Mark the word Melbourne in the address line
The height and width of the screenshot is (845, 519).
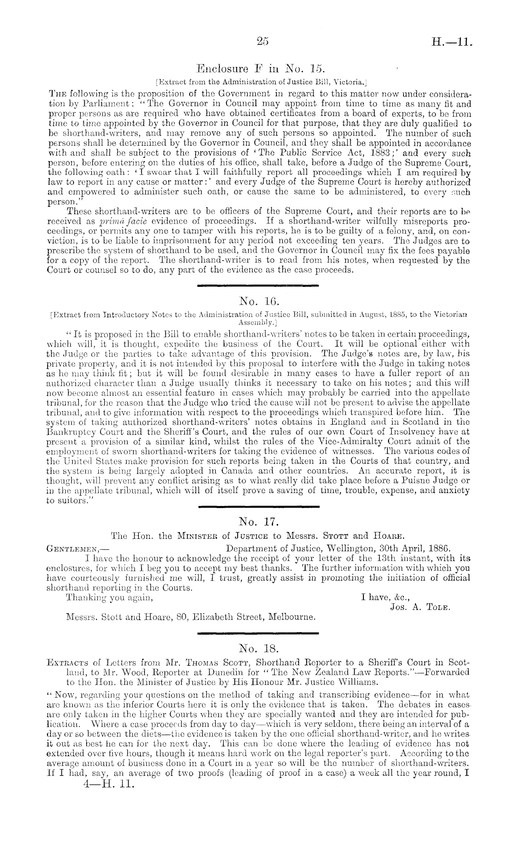point(292,617)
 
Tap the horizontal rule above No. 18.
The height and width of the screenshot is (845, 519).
point(259,633)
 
